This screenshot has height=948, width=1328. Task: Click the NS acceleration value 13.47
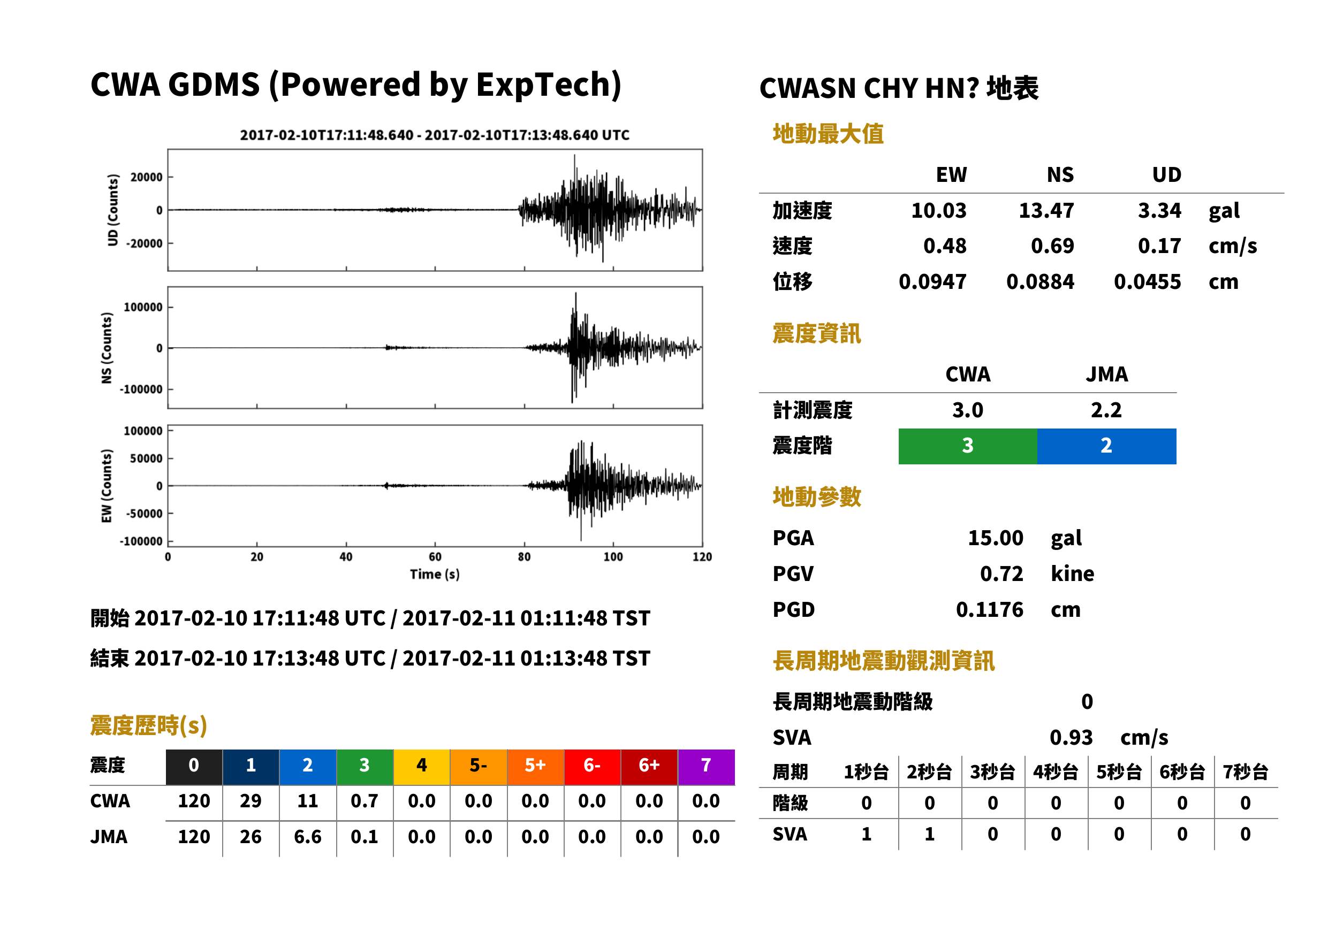coord(1046,211)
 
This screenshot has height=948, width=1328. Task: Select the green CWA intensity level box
coord(967,446)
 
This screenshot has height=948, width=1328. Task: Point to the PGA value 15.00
coord(995,538)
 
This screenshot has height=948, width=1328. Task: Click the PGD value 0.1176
coord(989,609)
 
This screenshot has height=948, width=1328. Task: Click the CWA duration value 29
coord(251,801)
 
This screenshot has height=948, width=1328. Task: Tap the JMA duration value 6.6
coord(307,837)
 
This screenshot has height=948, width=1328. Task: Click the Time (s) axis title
coord(435,575)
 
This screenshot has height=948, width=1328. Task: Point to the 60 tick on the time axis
coord(435,557)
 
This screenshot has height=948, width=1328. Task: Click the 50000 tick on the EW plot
coord(146,458)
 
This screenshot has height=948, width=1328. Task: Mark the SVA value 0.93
coord(1071,737)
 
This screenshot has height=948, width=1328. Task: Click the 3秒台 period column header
coord(992,771)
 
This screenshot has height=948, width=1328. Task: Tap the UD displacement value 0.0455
coord(1147,282)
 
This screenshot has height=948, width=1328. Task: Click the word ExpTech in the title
coord(543,85)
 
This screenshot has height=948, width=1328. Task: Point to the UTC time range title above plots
coord(435,135)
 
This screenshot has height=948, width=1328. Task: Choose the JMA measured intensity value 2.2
coord(1106,410)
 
